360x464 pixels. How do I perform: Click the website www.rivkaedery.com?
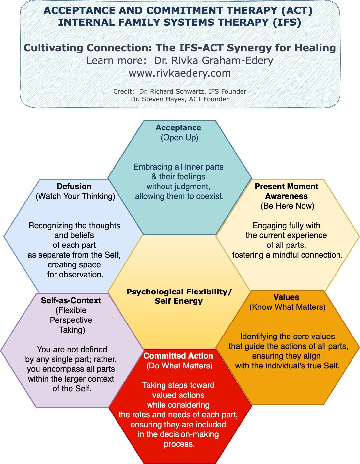180,73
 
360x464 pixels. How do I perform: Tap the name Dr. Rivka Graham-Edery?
213,61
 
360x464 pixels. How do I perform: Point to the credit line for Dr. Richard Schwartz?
180,92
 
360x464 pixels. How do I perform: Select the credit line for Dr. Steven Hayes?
180,99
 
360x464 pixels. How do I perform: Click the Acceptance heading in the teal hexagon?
178,128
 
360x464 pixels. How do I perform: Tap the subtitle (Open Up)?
179,138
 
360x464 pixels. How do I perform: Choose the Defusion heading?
74,187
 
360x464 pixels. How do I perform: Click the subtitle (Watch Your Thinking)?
75,196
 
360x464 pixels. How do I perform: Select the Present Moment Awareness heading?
286,191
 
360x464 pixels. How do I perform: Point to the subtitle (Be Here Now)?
287,206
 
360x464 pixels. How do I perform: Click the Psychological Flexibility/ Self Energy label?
179,296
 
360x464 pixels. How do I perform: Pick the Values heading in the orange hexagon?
286,297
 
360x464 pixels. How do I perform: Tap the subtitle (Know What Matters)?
287,307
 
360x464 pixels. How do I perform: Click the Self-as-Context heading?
71,301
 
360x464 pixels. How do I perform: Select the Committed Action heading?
178,356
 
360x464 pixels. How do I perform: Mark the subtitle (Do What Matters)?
179,366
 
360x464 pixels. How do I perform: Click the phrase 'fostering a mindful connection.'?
287,255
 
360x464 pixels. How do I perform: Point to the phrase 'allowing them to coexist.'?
179,196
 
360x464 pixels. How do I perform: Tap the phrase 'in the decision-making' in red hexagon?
178,434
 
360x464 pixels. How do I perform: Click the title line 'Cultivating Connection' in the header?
180,48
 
